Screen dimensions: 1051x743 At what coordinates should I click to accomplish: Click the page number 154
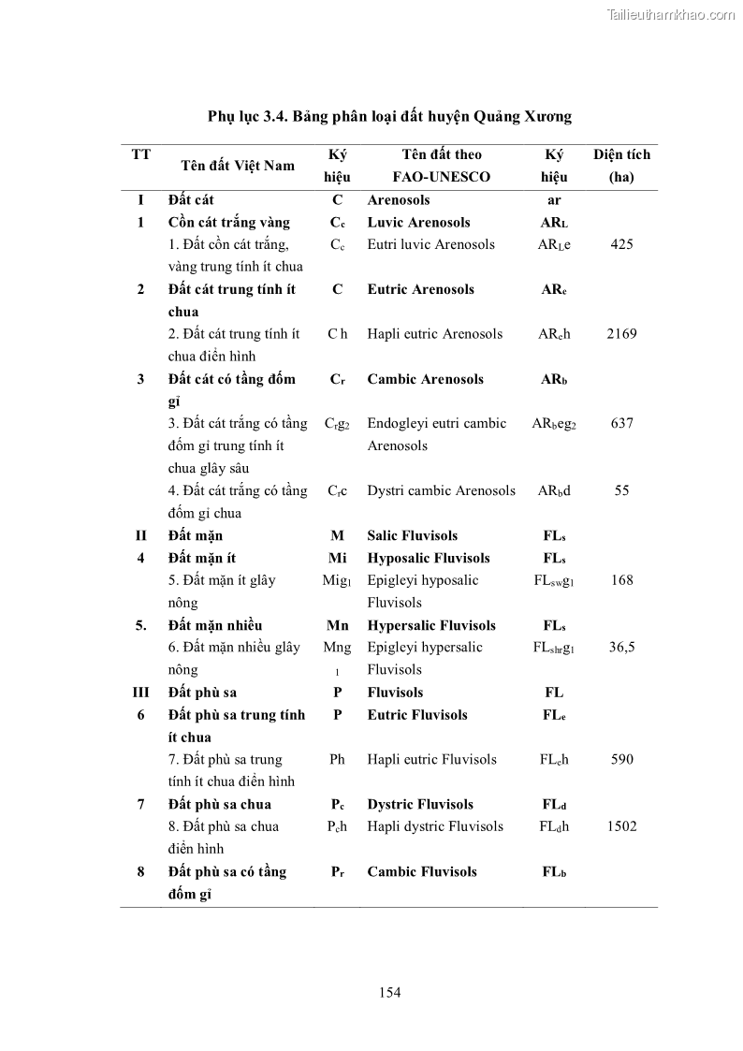pyautogui.click(x=390, y=992)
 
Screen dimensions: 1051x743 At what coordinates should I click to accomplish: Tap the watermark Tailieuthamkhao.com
pyautogui.click(x=671, y=14)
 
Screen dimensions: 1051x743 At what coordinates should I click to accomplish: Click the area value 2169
pyautogui.click(x=621, y=334)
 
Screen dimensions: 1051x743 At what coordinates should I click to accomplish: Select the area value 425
pyautogui.click(x=621, y=244)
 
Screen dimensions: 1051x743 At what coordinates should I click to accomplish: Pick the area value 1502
pyautogui.click(x=621, y=826)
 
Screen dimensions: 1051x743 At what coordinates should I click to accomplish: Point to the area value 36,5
pyautogui.click(x=621, y=648)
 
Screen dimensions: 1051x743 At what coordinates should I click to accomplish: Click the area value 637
pyautogui.click(x=621, y=423)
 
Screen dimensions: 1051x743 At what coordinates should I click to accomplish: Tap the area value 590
pyautogui.click(x=621, y=759)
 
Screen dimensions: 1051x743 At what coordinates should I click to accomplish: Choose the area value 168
pyautogui.click(x=621, y=580)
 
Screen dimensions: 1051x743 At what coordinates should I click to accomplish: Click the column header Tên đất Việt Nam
pyautogui.click(x=238, y=166)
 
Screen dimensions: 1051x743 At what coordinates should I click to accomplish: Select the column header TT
pyautogui.click(x=140, y=154)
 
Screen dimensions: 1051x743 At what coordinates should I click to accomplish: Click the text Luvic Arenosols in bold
pyautogui.click(x=418, y=223)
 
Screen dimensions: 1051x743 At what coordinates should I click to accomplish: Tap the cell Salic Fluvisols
pyautogui.click(x=412, y=536)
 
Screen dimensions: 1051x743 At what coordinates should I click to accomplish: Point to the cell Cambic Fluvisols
pyautogui.click(x=421, y=872)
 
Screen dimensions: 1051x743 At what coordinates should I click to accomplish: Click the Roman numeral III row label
pyautogui.click(x=140, y=693)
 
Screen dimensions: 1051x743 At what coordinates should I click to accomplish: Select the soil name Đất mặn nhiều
pyautogui.click(x=215, y=625)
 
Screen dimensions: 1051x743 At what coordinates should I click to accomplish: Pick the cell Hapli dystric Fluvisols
pyautogui.click(x=435, y=826)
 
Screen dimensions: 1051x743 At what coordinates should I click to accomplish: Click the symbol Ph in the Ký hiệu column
pyautogui.click(x=337, y=759)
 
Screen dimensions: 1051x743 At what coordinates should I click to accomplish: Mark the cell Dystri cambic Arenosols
pyautogui.click(x=441, y=490)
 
